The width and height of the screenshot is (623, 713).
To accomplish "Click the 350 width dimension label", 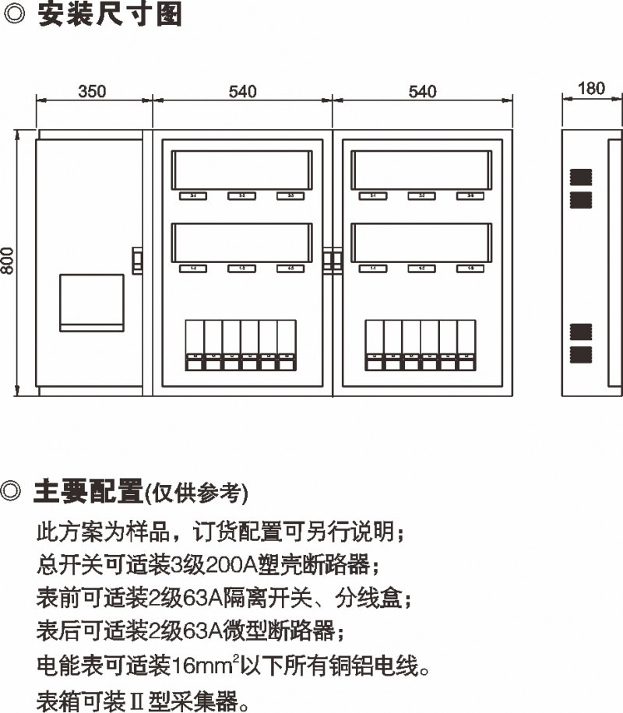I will point(92,91).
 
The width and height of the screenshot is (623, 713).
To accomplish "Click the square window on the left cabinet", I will point(92,302).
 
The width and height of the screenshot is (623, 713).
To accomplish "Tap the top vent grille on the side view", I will point(581,175).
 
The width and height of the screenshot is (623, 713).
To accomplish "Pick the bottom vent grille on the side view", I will point(581,356).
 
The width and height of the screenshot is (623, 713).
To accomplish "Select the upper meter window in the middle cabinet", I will point(242,169).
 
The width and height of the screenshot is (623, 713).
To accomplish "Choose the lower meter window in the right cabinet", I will point(421,242).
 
